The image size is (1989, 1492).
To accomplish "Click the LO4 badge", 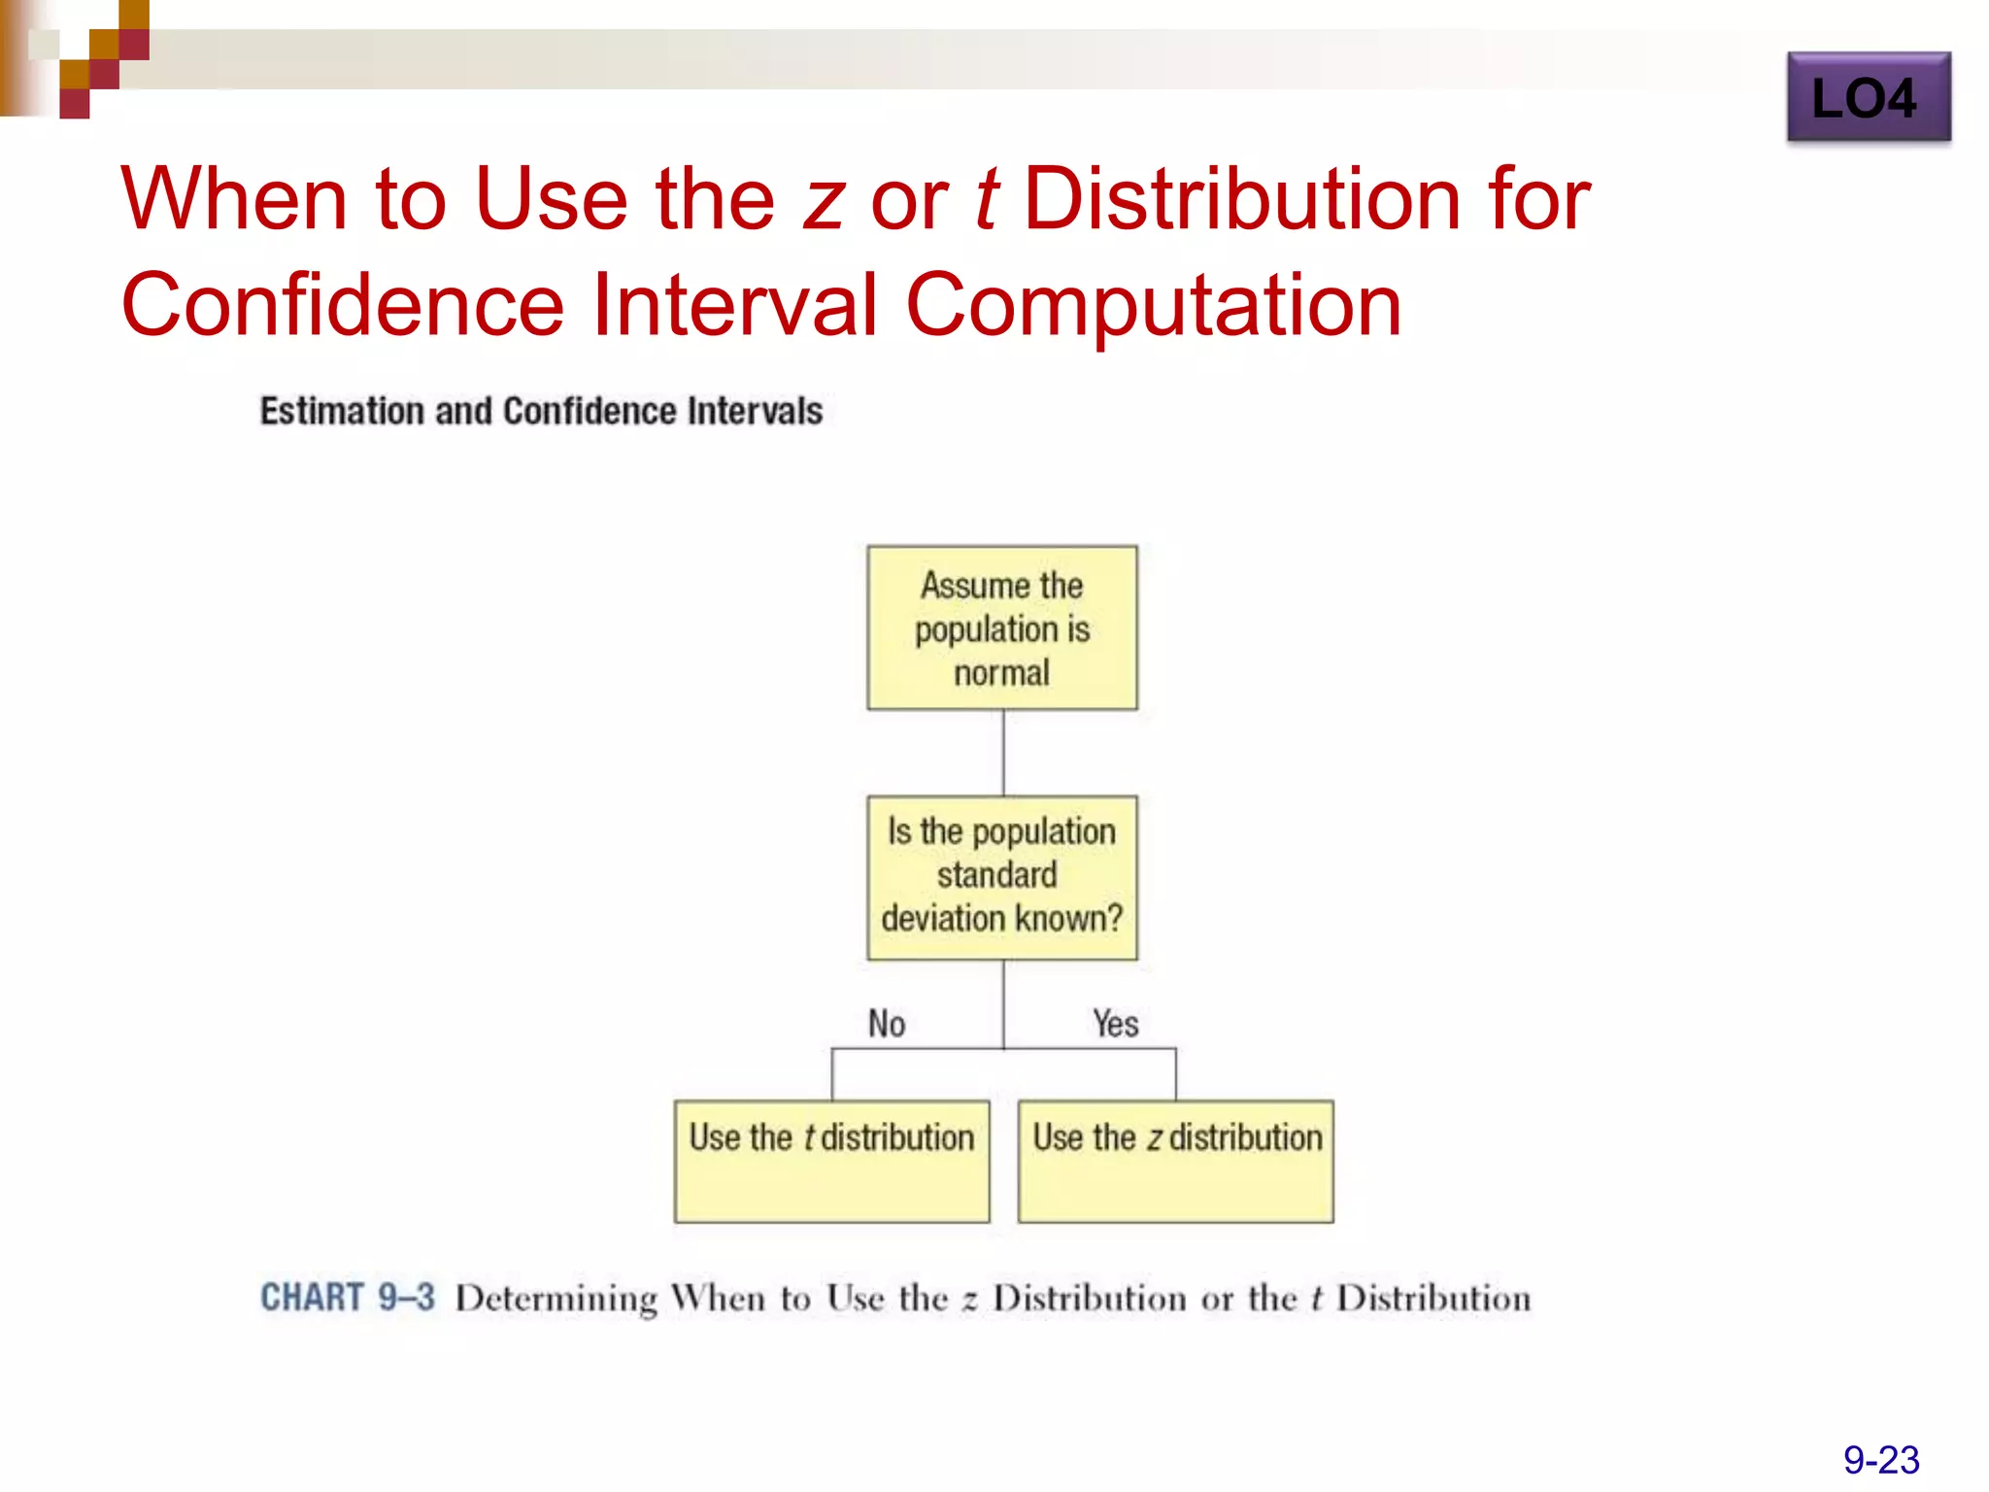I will click(x=1868, y=97).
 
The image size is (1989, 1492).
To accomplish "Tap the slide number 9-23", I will click(x=1880, y=1459).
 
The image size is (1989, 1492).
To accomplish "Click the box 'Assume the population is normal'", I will click(x=1001, y=627).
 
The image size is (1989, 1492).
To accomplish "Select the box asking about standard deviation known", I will click(x=1001, y=877).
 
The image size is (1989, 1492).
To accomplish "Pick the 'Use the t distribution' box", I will click(x=831, y=1160).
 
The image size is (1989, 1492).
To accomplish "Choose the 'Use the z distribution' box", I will click(x=1175, y=1160).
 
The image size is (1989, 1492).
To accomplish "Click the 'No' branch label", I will click(x=886, y=1023).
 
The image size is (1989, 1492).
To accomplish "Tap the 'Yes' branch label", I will click(x=1115, y=1023).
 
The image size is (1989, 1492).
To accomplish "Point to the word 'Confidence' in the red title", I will click(x=342, y=305).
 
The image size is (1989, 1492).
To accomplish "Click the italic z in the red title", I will click(x=824, y=200).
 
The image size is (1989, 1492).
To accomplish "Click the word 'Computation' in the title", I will click(x=1153, y=305).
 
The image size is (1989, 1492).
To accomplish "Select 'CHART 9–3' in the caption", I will click(x=347, y=1298).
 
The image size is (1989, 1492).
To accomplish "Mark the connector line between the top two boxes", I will click(x=1002, y=753).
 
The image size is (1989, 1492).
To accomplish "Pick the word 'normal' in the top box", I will click(x=1001, y=672).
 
